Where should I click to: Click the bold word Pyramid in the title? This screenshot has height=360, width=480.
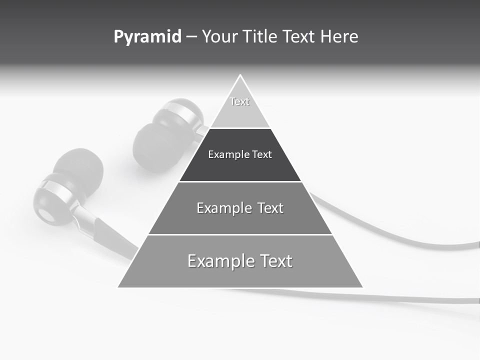coord(147,37)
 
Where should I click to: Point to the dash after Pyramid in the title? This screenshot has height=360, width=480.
coord(191,37)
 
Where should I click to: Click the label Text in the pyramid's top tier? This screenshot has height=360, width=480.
coord(239,101)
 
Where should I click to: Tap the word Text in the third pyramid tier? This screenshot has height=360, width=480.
coord(270,208)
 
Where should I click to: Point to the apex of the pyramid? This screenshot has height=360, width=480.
coord(240,76)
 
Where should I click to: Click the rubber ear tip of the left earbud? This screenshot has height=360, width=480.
coord(78,167)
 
